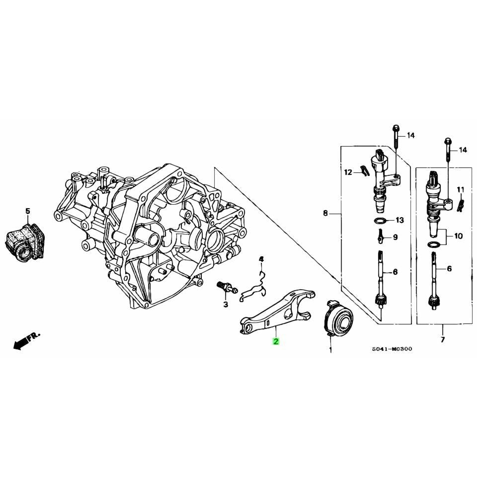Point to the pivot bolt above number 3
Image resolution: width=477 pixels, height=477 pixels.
pos(225,287)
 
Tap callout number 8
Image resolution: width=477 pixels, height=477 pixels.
pos(325,214)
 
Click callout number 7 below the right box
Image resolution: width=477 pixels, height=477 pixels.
pos(442,340)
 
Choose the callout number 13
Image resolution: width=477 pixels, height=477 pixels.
pos(400,220)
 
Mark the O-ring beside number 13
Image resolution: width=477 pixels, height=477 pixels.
pos(379,220)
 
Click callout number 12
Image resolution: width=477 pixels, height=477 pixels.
pos(348,172)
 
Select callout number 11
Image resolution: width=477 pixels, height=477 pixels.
pos(461,189)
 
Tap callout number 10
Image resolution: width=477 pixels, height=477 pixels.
pos(458,236)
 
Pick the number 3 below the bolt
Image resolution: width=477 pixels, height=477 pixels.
pos(225,304)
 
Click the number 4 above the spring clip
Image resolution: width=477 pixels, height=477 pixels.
pos(261,259)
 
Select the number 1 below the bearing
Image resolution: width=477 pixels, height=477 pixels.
pos(330,350)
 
